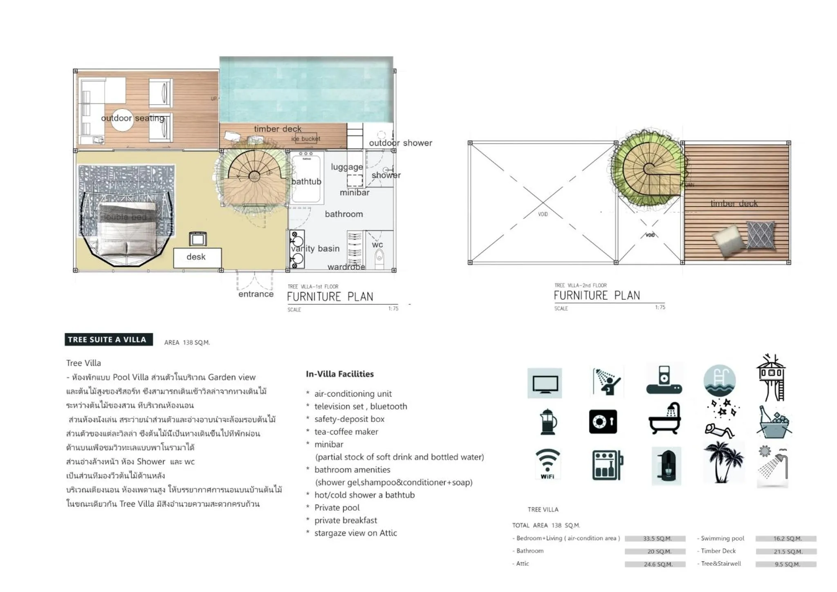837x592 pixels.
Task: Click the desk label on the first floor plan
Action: tap(196, 257)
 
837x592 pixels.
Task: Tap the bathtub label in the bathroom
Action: tap(306, 182)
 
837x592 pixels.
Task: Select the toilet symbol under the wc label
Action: tap(379, 257)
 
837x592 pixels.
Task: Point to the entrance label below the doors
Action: tap(256, 294)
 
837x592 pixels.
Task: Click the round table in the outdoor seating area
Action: tap(122, 120)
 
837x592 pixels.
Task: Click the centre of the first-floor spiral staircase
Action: tap(254, 176)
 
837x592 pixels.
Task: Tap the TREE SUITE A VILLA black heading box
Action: tap(108, 339)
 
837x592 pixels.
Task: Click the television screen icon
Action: tap(545, 383)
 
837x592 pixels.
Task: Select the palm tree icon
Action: tap(723, 462)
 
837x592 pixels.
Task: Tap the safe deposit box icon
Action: tap(603, 422)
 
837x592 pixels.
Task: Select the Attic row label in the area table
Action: tap(522, 563)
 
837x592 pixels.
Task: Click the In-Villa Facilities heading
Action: tap(339, 374)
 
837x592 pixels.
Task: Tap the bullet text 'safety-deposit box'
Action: tap(349, 419)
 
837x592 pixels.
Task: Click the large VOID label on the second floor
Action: tap(543, 214)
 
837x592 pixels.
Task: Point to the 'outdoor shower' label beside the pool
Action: tap(400, 143)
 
